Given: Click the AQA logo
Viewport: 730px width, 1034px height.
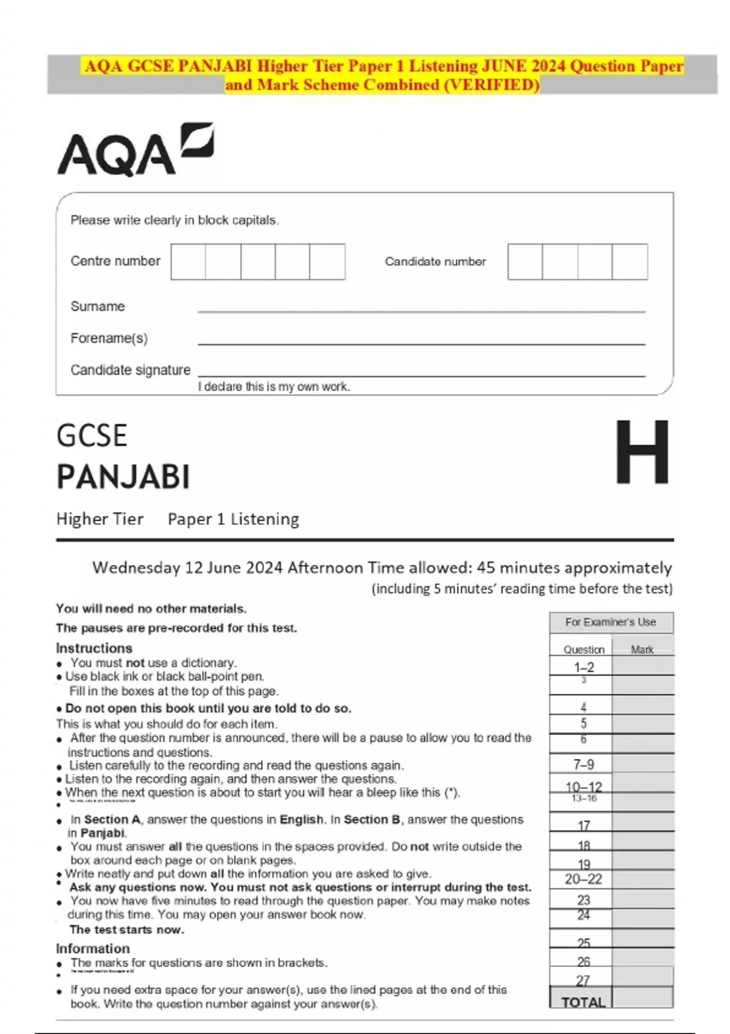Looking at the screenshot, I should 135,150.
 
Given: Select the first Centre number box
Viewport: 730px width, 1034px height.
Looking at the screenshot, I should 188,262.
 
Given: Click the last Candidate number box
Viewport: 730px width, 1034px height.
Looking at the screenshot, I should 630,262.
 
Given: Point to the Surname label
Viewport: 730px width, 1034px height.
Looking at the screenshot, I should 97,307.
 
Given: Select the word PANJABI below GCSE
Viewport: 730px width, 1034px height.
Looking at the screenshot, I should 123,477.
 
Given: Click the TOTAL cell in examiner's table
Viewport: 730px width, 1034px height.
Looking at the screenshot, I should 582,1002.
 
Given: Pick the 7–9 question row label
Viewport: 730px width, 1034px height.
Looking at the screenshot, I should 583,765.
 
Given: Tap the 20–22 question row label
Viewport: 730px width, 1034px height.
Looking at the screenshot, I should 583,879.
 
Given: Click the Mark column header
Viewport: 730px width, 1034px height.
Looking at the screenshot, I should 642,650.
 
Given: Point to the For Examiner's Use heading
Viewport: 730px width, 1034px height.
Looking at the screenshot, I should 611,622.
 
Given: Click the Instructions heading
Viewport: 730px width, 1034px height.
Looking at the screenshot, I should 94,648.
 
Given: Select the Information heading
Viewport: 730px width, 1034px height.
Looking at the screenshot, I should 92,948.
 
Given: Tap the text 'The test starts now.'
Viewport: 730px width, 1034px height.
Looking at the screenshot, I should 127,929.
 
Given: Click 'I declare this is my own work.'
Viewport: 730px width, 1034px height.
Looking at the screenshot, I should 274,387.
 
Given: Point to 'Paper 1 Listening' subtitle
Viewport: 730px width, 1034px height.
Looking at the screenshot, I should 233,519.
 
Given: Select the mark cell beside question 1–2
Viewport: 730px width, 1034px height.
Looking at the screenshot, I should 642,667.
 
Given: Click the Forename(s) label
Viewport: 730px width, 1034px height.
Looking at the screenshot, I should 109,338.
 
